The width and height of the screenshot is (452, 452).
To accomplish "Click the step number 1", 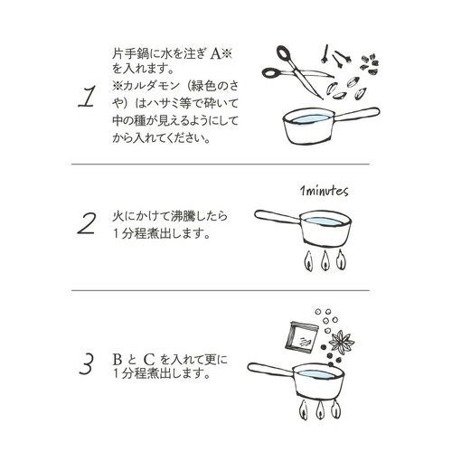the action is pos(88,97).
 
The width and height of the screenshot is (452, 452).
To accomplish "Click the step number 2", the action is pos(87,223).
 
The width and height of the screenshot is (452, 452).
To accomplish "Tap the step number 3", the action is pos(87,363).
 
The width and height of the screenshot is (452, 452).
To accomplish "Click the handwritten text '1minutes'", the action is pos(324,191).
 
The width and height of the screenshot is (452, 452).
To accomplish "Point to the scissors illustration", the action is pos(297,71).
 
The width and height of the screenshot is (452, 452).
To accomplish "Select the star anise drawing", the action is pos(342,342).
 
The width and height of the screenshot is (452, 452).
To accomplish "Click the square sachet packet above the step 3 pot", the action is pos(302,337).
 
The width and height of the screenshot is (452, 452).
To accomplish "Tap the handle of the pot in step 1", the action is pos(356,115).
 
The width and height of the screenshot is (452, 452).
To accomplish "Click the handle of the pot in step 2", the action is pos(278,217).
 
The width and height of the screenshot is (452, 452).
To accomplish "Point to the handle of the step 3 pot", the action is pos(270,370).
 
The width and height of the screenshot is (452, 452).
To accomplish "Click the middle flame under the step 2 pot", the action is pos(325,260).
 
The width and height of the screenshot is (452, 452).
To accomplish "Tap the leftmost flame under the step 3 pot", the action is pos(304,410).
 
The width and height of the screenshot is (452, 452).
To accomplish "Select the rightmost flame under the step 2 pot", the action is pos(341,259).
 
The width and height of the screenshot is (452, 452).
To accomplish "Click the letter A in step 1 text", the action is pos(215,54).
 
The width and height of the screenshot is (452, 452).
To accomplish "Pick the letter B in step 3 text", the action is pos(118,360).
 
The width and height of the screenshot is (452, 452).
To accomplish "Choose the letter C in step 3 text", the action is pos(149,359).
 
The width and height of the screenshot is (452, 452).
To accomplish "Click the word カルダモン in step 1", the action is pos(151,87).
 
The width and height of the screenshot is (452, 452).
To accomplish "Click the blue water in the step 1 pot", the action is pos(309,118).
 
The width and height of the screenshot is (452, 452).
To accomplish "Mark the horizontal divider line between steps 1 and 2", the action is pos(221,165).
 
